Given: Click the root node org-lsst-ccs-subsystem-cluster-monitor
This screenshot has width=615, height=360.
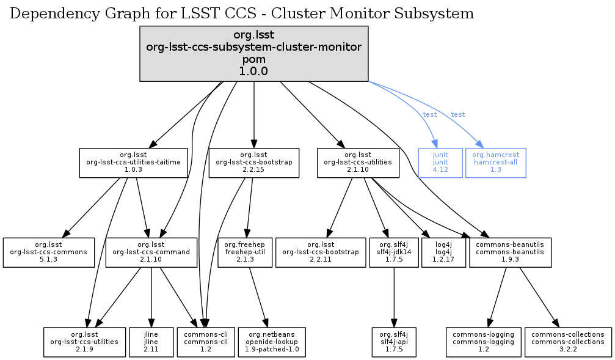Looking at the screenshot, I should point(253,54).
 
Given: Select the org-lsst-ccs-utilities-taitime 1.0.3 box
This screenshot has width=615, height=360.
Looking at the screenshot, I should point(134,163).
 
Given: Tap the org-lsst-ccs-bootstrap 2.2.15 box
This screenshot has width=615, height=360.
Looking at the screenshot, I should point(253,163).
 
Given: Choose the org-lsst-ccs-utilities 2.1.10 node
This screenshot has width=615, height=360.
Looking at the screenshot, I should point(358,163).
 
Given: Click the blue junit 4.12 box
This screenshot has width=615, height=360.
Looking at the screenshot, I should point(440,163).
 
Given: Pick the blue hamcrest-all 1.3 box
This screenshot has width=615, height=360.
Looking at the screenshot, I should point(495,163).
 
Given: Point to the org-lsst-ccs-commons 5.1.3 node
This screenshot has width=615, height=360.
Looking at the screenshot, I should point(49,252).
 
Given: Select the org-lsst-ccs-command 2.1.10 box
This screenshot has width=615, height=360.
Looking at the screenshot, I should point(151,252).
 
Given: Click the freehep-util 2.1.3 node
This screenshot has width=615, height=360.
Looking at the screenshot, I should point(244,252).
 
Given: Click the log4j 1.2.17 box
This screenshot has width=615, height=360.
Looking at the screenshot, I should point(443,252).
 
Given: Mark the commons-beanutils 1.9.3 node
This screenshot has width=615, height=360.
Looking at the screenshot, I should point(511,252).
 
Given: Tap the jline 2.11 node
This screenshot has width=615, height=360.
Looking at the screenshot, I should point(151,342).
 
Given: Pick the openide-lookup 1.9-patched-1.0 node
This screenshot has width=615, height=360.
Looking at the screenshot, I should point(272,342).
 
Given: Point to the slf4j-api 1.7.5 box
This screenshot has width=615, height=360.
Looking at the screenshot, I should point(394,342).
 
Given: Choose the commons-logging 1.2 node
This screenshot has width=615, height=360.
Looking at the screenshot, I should point(484,342).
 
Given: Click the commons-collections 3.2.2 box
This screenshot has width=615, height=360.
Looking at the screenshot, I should point(568,342).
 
